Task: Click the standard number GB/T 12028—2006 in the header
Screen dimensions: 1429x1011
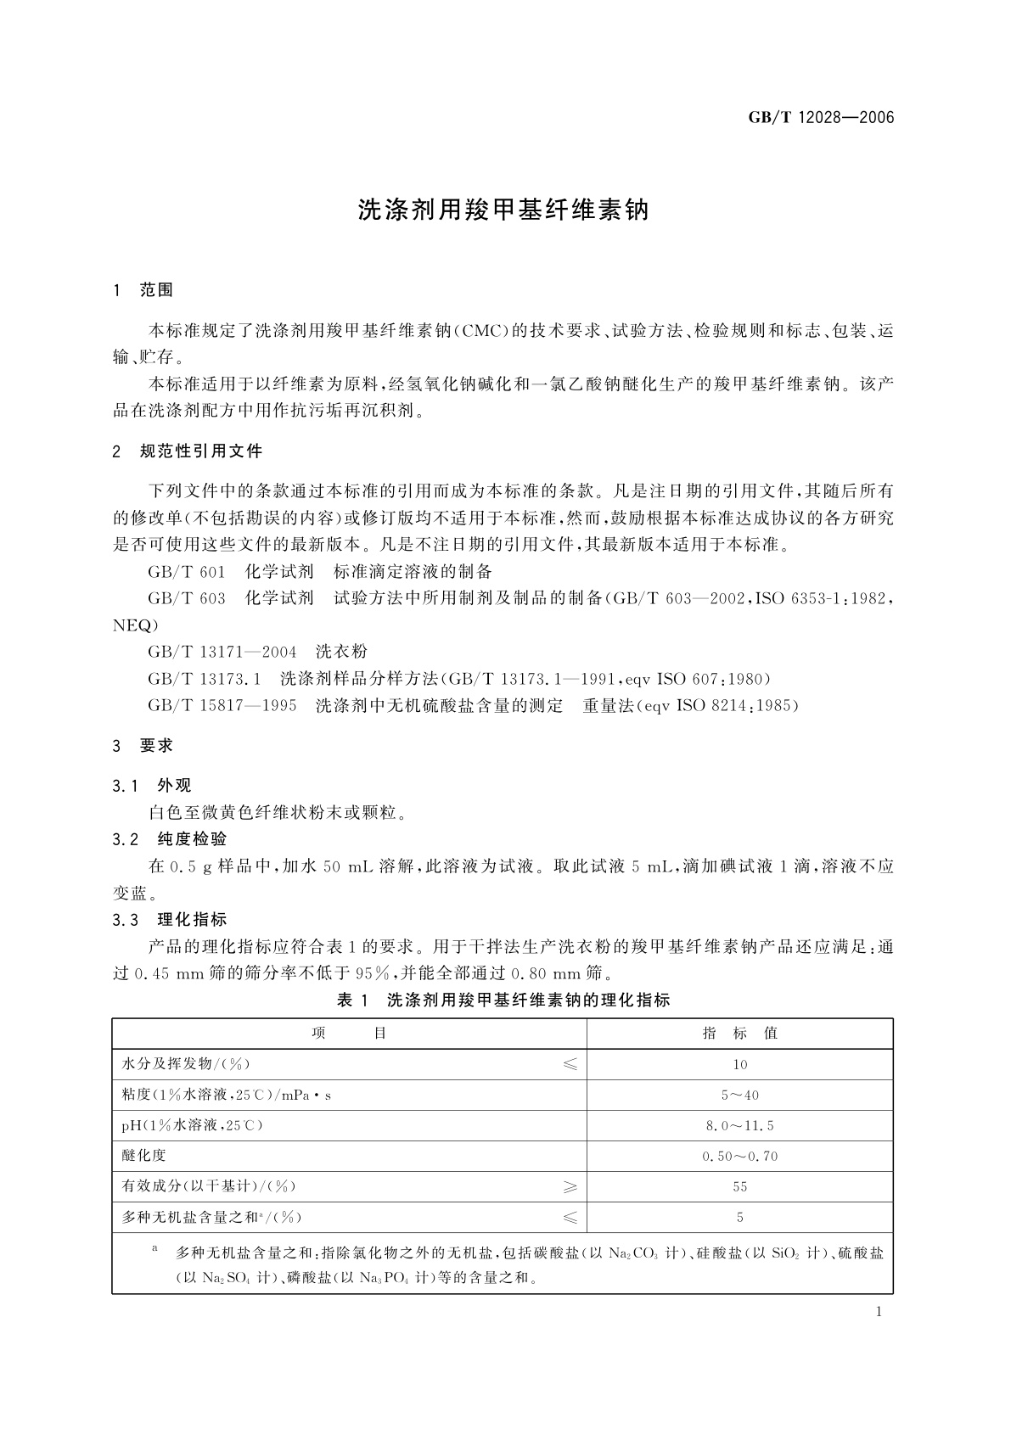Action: click(821, 118)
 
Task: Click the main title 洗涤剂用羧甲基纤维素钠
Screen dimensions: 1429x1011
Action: click(503, 210)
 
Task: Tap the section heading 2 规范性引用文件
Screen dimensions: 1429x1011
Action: click(188, 451)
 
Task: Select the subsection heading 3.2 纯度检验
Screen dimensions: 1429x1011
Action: click(170, 839)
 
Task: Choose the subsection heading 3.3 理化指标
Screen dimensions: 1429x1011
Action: click(170, 920)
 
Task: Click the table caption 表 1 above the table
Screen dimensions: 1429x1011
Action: click(503, 1000)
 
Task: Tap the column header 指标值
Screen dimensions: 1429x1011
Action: click(739, 1034)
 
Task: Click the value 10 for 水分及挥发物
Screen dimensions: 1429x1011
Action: click(739, 1065)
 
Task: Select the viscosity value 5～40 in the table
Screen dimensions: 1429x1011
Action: click(739, 1096)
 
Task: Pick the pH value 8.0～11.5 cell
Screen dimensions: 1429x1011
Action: click(739, 1126)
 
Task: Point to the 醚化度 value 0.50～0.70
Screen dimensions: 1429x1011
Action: click(739, 1157)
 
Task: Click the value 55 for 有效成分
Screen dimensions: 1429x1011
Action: click(739, 1187)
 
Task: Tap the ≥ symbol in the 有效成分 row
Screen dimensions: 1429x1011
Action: click(570, 1187)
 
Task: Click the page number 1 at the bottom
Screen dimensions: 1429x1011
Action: click(879, 1312)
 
